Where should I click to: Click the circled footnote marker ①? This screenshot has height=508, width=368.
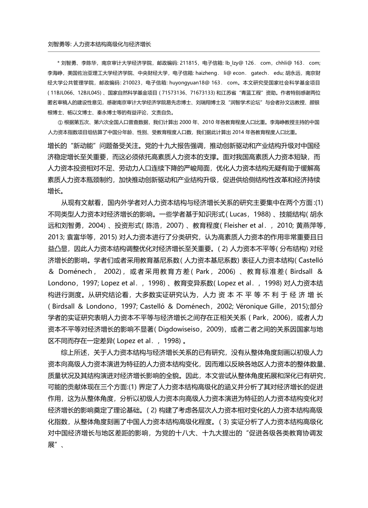pos(59,122)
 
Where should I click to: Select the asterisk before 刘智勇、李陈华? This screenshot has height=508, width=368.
pos(58,63)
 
